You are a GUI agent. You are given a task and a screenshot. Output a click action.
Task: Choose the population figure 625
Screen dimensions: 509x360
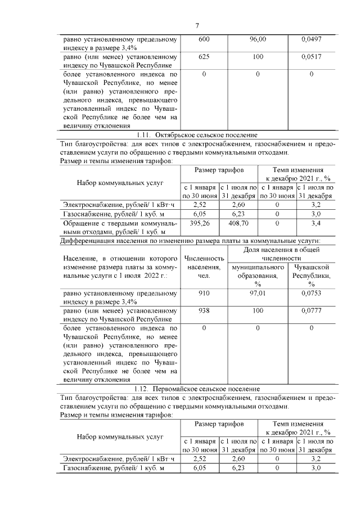pyautogui.click(x=204, y=57)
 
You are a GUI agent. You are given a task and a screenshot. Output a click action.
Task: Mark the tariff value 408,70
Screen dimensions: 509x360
pyautogui.click(x=238, y=223)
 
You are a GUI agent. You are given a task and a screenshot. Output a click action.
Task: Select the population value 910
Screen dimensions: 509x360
pyautogui.click(x=204, y=293)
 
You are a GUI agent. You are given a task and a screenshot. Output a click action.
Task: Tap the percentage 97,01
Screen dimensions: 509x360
pyautogui.click(x=258, y=293)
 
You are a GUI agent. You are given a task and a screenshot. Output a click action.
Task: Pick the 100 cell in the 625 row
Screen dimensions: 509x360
pyautogui.click(x=258, y=57)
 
